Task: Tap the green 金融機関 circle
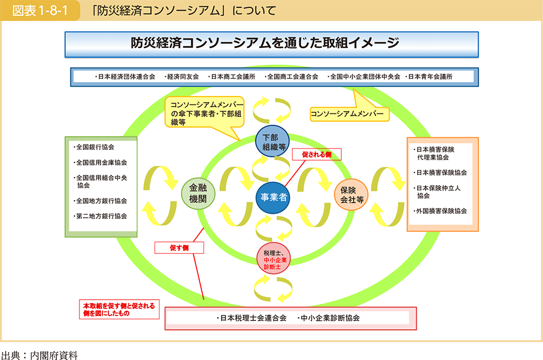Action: [198, 194]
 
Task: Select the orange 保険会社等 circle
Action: [351, 194]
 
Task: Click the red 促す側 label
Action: [178, 247]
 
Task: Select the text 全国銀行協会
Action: [95, 147]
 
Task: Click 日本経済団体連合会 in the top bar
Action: [126, 77]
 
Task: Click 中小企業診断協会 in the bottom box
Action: [331, 318]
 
